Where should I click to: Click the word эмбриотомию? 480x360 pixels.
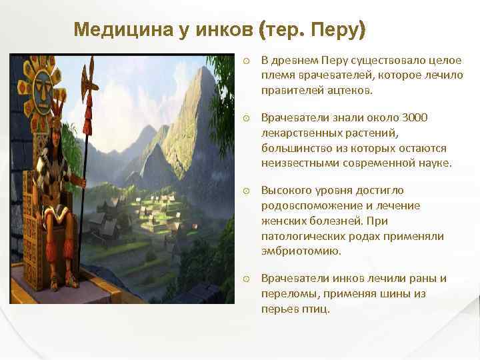[291, 251]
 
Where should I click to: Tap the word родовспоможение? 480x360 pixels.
[303, 205]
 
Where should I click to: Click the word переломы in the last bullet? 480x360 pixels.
[285, 293]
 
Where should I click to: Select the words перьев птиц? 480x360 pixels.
[295, 309]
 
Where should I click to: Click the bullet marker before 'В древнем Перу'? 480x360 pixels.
[247, 59]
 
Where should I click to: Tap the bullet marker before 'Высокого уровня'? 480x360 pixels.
[247, 191]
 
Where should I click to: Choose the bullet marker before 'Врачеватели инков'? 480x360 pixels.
[247, 279]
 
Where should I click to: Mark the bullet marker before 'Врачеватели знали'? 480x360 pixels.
[247, 118]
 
